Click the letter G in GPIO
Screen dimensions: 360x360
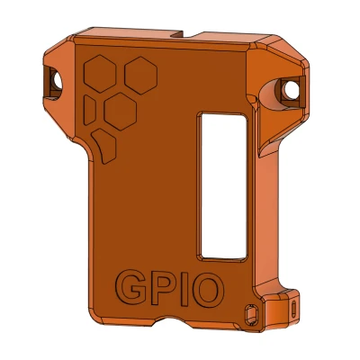click(131, 289)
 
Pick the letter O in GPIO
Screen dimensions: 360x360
click(205, 289)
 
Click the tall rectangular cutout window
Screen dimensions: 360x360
click(220, 184)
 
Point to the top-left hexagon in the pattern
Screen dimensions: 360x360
click(103, 75)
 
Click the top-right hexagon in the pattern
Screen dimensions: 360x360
click(139, 73)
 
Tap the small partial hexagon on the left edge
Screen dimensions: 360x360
click(90, 108)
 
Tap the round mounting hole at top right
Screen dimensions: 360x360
click(290, 90)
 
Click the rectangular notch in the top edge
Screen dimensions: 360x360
click(214, 37)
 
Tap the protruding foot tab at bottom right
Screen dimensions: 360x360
click(279, 310)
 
